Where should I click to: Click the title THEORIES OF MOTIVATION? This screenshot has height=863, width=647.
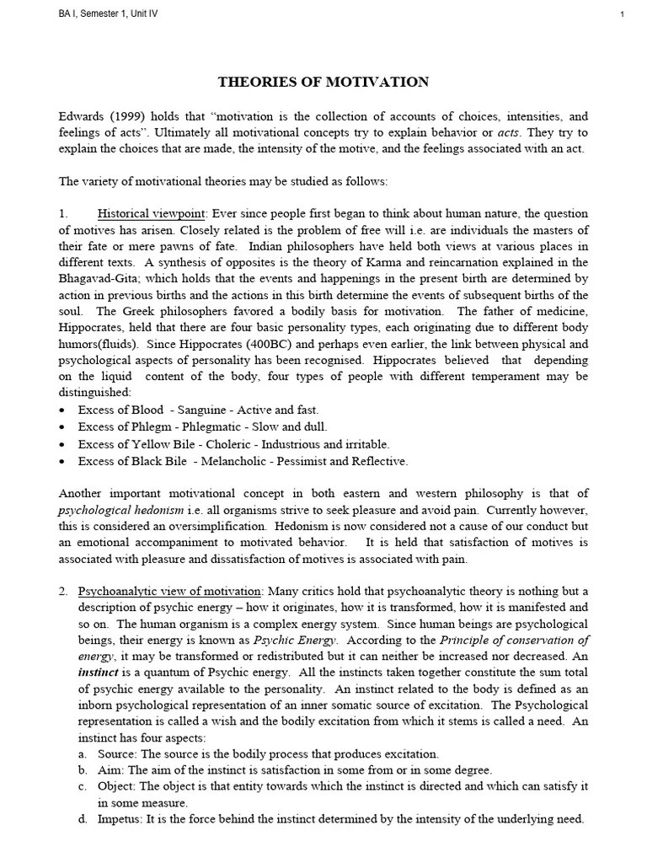click(x=323, y=82)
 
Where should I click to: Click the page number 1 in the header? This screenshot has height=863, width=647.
click(x=621, y=14)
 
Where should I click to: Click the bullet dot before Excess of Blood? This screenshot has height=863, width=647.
click(x=63, y=410)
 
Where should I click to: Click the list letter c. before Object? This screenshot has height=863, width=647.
click(x=83, y=786)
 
